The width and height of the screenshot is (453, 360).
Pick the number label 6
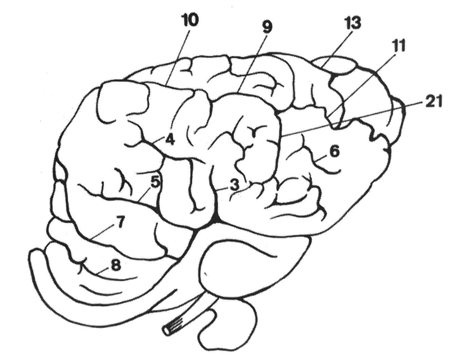[334, 152]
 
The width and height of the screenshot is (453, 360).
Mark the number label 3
[234, 186]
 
